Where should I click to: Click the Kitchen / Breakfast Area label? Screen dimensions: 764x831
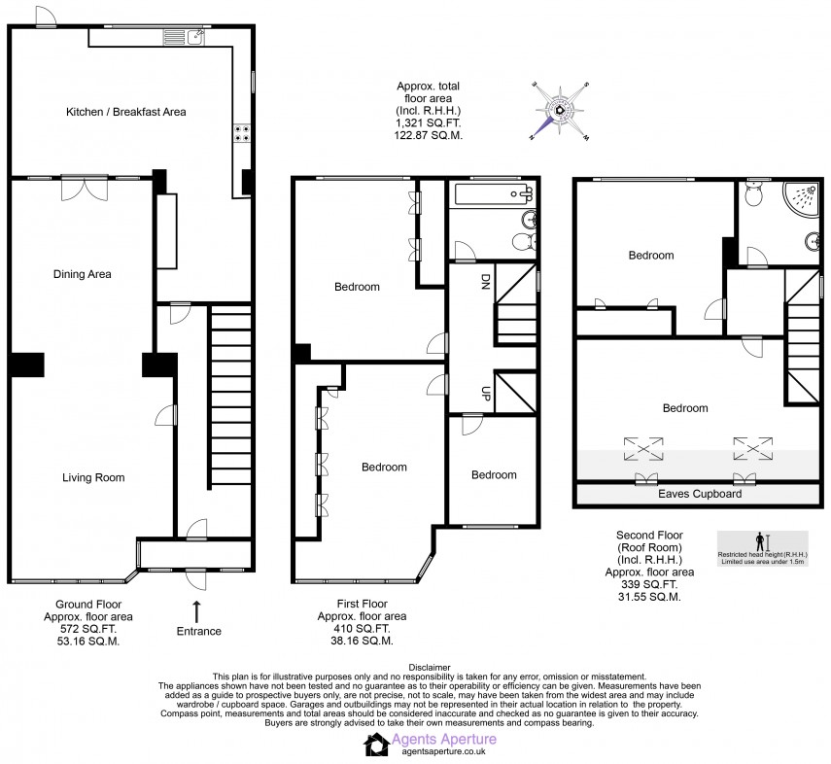click(125, 112)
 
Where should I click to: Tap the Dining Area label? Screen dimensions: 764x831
click(82, 274)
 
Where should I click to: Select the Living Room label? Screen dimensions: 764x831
click(93, 477)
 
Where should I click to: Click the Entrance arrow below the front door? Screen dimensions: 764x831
click(197, 611)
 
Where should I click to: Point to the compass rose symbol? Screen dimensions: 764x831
click(561, 110)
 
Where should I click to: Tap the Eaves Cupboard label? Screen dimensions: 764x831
click(700, 494)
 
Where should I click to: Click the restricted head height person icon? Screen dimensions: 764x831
click(760, 540)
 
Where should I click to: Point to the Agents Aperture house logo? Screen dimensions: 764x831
click(376, 745)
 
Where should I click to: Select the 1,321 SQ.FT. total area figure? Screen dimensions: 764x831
click(428, 124)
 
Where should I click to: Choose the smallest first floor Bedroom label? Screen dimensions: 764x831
click(493, 474)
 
